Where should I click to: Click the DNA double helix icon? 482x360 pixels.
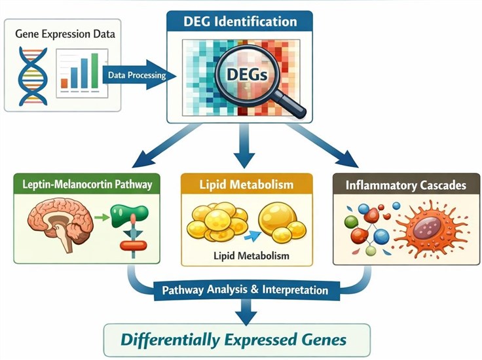coord(33,76)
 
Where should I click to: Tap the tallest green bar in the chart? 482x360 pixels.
coord(95,71)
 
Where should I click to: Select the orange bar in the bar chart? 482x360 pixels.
coord(64,83)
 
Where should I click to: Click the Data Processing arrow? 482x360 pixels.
coord(139,75)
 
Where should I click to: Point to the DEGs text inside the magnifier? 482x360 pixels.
coord(247,75)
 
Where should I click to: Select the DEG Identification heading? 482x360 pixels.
coord(240,22)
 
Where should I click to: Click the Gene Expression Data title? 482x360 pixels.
coord(65,34)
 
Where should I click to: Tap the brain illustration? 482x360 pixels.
coord(60,223)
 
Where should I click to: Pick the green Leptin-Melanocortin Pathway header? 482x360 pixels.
coord(87,184)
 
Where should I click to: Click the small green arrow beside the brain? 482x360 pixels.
coord(102,217)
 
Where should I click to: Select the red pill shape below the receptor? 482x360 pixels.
coord(133,245)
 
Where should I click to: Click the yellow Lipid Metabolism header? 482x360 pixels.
coord(246,184)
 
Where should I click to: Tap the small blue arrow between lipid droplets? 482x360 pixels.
coord(252,236)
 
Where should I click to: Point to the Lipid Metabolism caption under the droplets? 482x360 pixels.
coord(251,255)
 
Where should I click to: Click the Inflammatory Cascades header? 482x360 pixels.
coord(406,185)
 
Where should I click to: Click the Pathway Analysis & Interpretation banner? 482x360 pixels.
coord(245,290)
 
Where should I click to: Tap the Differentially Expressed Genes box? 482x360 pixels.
coord(236,340)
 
